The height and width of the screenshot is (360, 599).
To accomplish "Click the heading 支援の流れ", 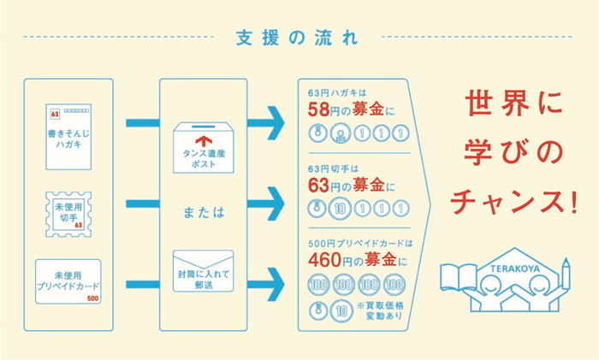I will [299, 38].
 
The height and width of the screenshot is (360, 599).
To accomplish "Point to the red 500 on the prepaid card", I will [92, 298].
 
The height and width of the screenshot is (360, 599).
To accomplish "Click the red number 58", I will [318, 109].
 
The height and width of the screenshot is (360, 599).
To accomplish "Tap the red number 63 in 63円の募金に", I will [319, 183].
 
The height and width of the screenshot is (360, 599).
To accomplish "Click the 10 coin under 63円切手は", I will [340, 208].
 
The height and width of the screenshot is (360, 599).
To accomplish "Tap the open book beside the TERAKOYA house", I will [454, 280].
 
